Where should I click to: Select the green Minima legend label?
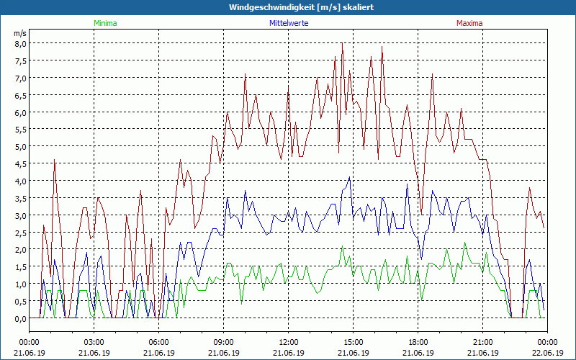(x=105, y=23)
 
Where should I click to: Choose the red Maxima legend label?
(x=469, y=23)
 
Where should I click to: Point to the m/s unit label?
(x=19, y=33)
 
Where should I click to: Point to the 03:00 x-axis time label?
(x=94, y=342)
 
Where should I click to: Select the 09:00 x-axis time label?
(x=224, y=342)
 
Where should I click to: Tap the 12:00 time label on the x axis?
(x=289, y=342)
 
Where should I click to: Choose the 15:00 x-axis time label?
(x=354, y=342)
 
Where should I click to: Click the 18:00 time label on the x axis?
(x=418, y=342)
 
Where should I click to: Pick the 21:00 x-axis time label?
(x=483, y=342)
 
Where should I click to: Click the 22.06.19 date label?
(x=547, y=353)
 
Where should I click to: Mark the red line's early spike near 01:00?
(x=54, y=161)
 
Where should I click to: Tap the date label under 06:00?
(x=159, y=353)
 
